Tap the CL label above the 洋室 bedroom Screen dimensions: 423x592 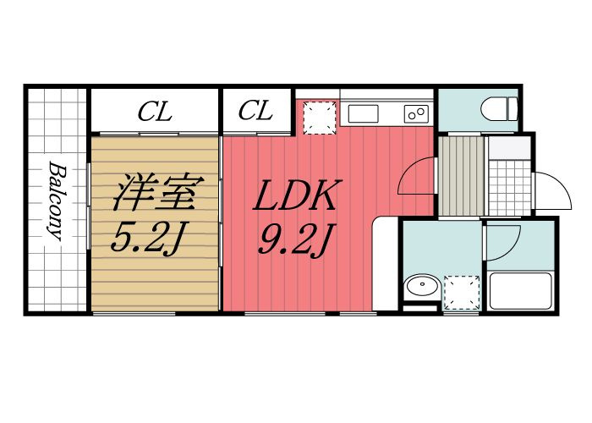156,111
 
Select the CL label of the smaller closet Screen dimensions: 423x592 255,111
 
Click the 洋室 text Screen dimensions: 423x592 156,194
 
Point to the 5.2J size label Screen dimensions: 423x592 149,239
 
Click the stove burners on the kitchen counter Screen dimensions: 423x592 416,113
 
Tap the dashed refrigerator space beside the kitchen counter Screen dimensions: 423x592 319,117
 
